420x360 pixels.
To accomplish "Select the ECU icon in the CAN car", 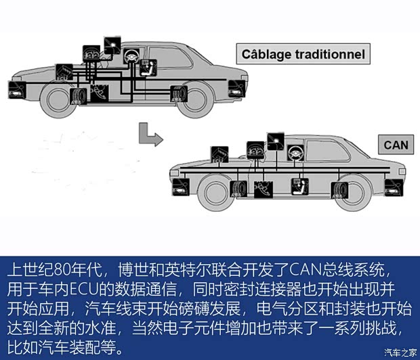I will pos(219,154).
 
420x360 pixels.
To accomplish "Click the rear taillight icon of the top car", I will pos(236,88).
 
